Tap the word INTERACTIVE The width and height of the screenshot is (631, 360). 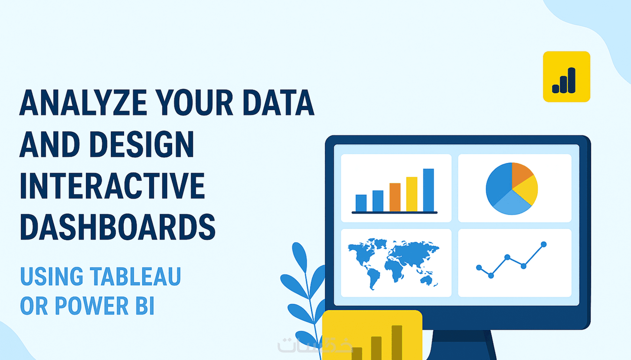(x=112, y=186)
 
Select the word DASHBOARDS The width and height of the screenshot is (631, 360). (x=118, y=227)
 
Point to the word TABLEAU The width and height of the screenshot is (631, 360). (x=135, y=276)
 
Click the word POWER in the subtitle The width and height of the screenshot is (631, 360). (x=92, y=305)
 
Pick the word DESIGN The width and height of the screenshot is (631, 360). (x=142, y=144)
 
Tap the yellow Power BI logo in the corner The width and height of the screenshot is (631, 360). (x=566, y=76)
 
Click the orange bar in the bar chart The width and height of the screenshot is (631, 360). (x=395, y=197)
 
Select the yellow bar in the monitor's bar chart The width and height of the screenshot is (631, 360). (x=412, y=194)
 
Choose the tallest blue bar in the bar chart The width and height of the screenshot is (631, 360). (x=428, y=190)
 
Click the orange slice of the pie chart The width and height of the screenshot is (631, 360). (x=522, y=174)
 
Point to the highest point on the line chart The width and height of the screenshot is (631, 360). (x=544, y=244)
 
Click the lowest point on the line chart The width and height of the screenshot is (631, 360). (x=491, y=275)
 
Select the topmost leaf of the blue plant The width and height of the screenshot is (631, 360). (x=300, y=256)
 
